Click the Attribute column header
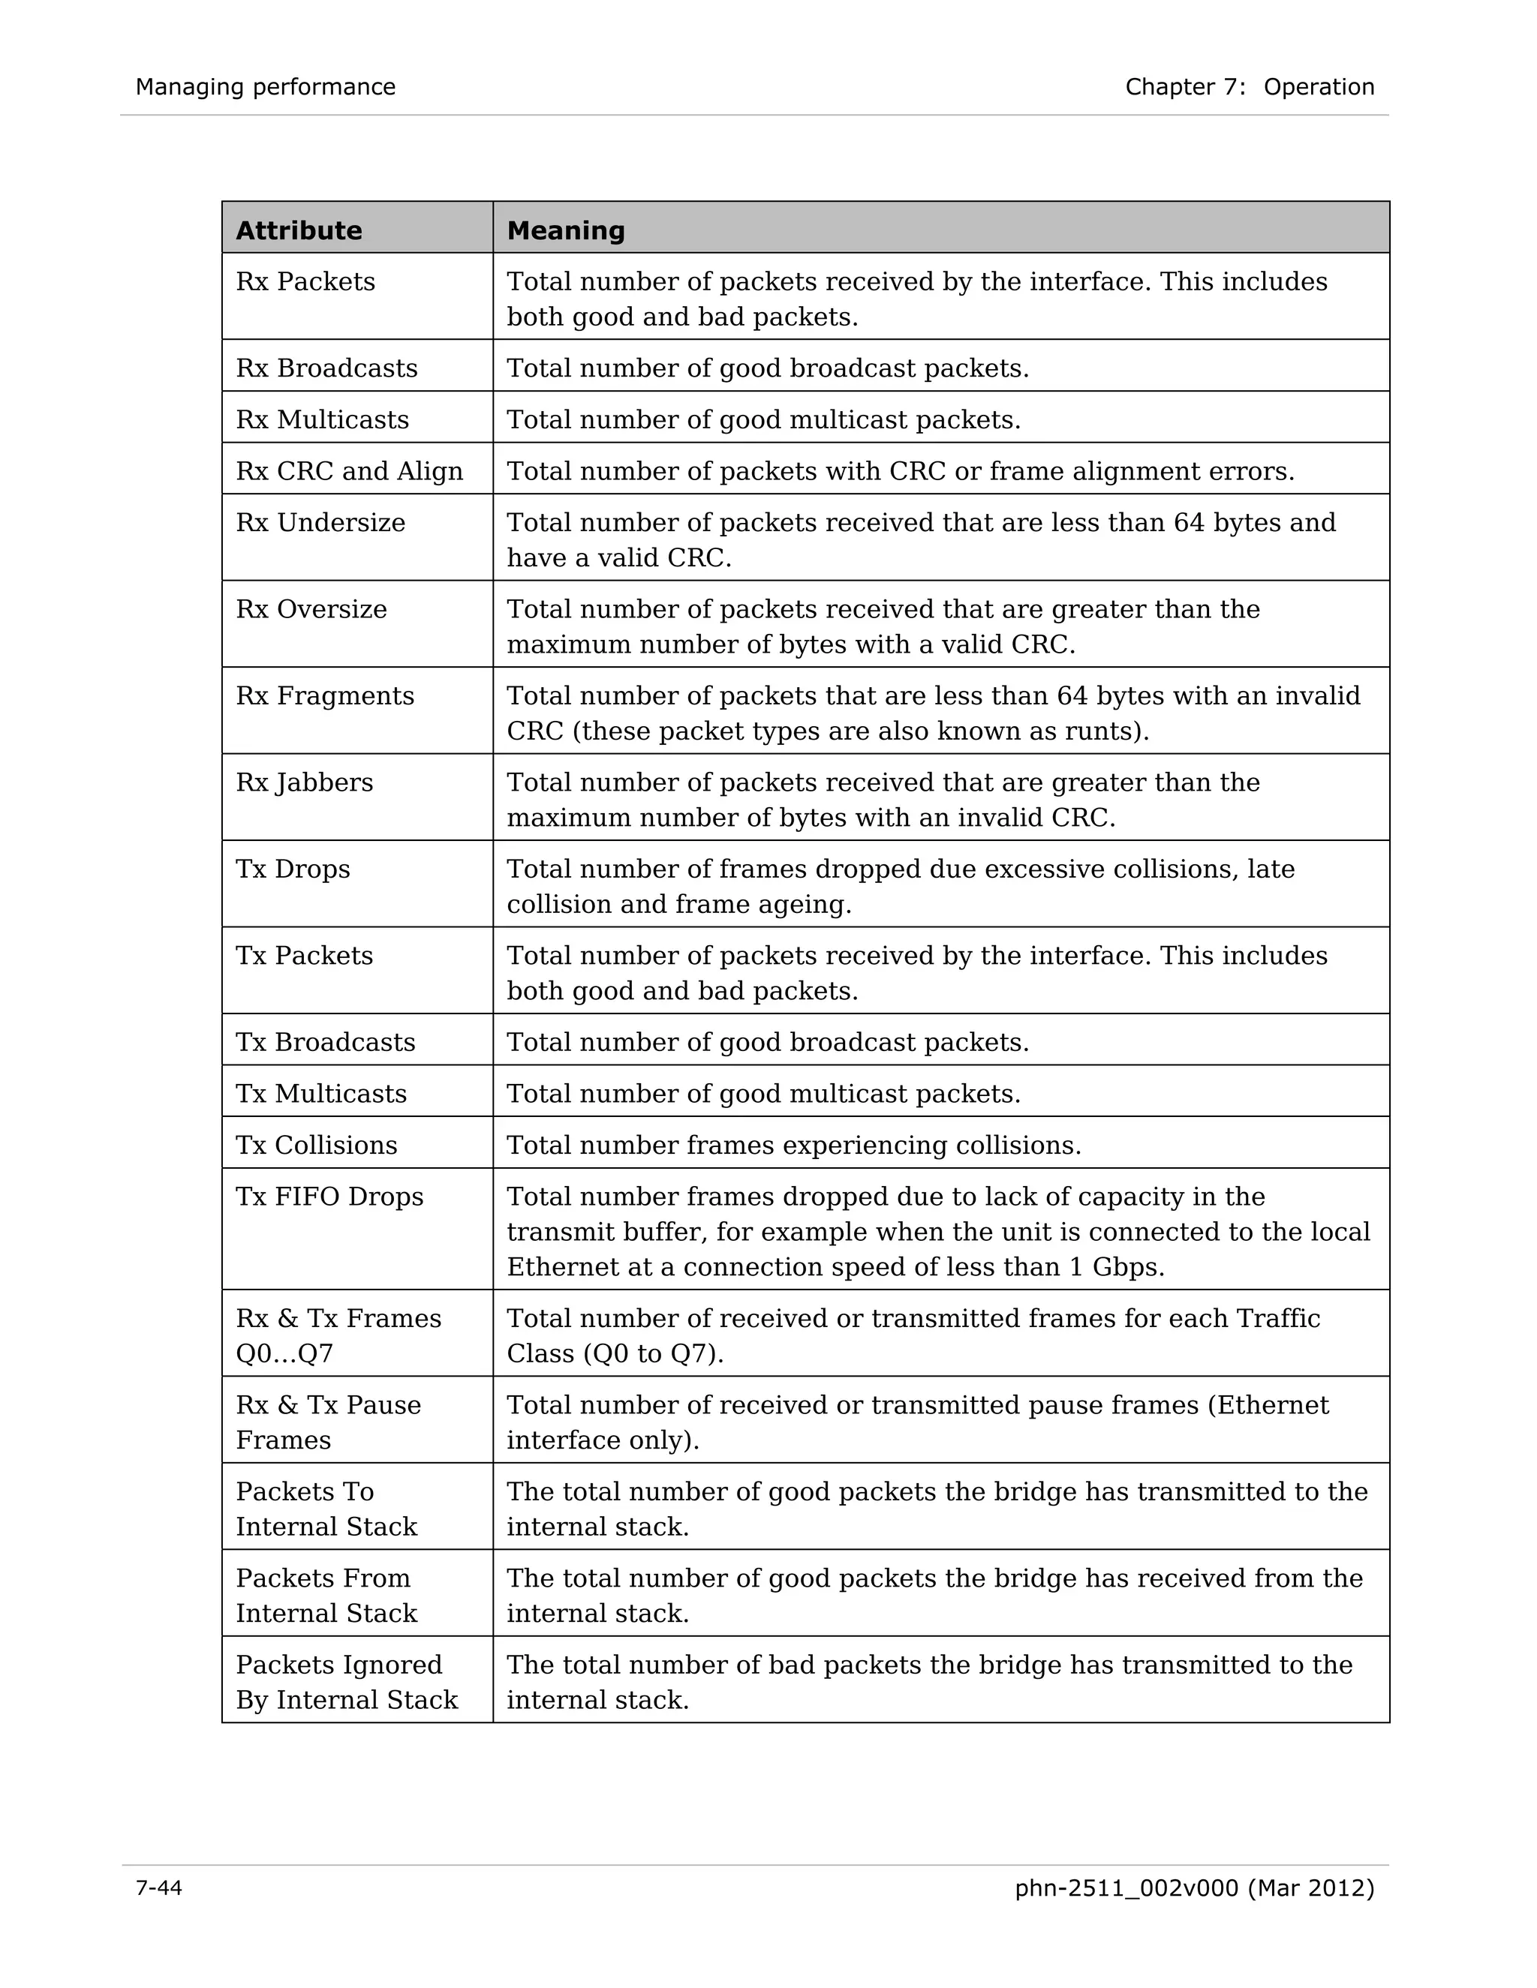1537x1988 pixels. (299, 230)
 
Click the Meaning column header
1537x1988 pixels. (565, 230)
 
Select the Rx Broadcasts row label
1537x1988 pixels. (326, 368)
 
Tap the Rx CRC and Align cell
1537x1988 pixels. (349, 470)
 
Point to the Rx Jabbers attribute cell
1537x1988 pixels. (304, 782)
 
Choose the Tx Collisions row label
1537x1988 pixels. (316, 1144)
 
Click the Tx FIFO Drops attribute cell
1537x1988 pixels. (329, 1196)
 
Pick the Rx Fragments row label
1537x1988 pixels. (324, 695)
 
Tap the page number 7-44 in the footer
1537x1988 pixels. (158, 1888)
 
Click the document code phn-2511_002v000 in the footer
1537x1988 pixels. (1126, 1888)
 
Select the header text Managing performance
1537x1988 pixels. (265, 86)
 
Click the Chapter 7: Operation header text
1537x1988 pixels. (1250, 86)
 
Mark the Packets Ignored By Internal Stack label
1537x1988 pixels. (346, 1681)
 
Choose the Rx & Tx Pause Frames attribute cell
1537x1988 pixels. (328, 1422)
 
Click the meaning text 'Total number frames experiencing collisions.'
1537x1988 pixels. (793, 1144)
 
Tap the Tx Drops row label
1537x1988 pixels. (292, 869)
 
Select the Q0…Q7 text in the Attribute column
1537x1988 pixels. (284, 1353)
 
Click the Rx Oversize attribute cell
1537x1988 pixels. (311, 609)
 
